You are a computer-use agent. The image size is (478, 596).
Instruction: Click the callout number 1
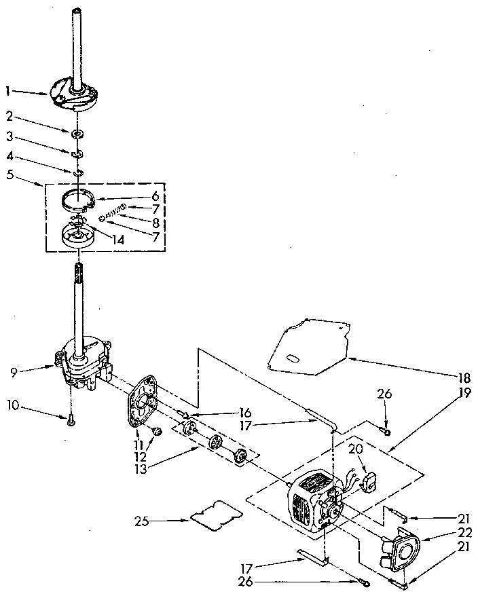[x=7, y=90]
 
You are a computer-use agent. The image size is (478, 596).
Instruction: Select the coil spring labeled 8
[x=115, y=209]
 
